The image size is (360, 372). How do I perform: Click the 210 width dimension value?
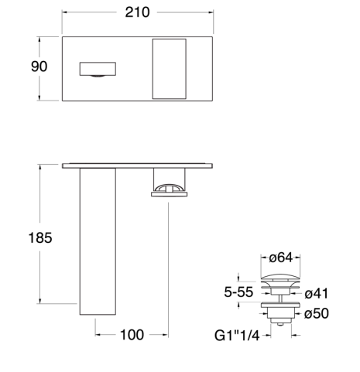click(x=137, y=12)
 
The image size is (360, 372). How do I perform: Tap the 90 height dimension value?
click(x=39, y=67)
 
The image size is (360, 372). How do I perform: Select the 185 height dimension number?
click(x=40, y=237)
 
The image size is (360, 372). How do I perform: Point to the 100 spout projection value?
click(x=132, y=335)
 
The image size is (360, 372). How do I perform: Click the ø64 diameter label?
click(x=281, y=258)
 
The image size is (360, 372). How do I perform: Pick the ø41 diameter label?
click(x=317, y=294)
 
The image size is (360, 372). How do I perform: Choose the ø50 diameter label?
click(x=317, y=313)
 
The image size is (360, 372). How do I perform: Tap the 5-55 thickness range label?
click(x=238, y=292)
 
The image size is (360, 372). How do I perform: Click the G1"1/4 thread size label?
click(x=237, y=336)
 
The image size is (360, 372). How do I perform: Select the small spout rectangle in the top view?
click(x=98, y=69)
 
